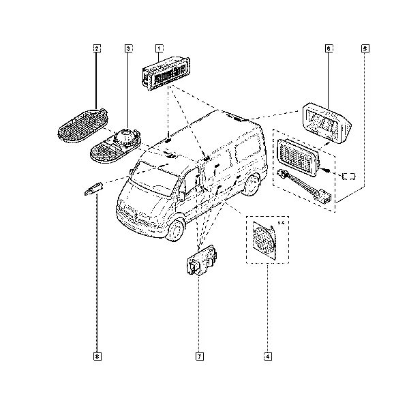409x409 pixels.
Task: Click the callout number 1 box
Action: point(159,48)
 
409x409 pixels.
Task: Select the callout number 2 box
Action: point(97,48)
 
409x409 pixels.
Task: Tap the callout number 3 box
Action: point(128,48)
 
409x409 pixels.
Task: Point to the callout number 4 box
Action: point(268,357)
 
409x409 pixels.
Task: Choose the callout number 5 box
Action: point(365,48)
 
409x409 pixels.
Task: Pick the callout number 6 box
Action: point(329,48)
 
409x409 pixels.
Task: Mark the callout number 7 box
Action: point(200,357)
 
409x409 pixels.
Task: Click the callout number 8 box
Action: point(97,357)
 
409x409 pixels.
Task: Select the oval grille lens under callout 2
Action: point(82,125)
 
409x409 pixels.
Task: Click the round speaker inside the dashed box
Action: point(264,240)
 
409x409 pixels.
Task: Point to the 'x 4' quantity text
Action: point(281,223)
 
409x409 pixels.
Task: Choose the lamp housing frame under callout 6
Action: point(327,123)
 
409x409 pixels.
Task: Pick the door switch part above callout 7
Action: point(202,260)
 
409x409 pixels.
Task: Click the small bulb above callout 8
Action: point(93,188)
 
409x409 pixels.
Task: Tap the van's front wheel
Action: point(176,230)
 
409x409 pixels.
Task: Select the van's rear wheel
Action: point(251,185)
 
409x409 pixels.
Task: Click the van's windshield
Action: point(155,179)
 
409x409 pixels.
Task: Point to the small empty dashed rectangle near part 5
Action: point(349,176)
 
